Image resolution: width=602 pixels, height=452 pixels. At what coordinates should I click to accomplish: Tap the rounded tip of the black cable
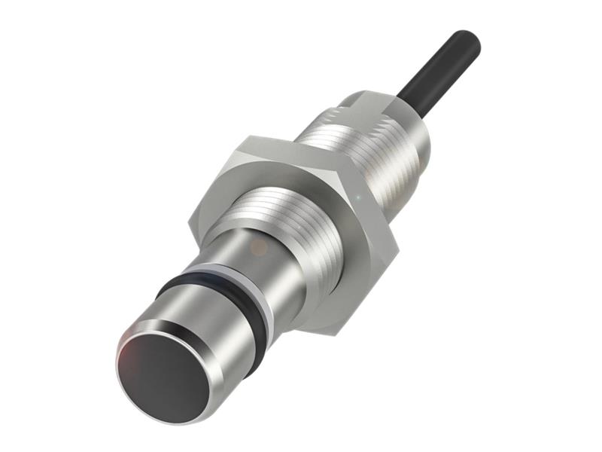[467, 41]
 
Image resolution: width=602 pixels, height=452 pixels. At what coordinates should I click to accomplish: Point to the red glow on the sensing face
[135, 354]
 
